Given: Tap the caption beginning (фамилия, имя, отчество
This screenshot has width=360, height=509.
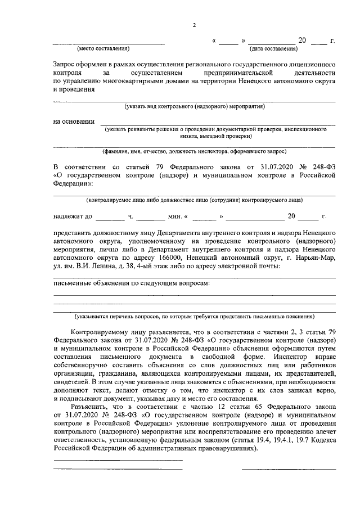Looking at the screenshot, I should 195,151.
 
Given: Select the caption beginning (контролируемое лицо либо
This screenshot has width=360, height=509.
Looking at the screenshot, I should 195,200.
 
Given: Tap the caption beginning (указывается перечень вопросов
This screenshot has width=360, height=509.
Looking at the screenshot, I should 195,317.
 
